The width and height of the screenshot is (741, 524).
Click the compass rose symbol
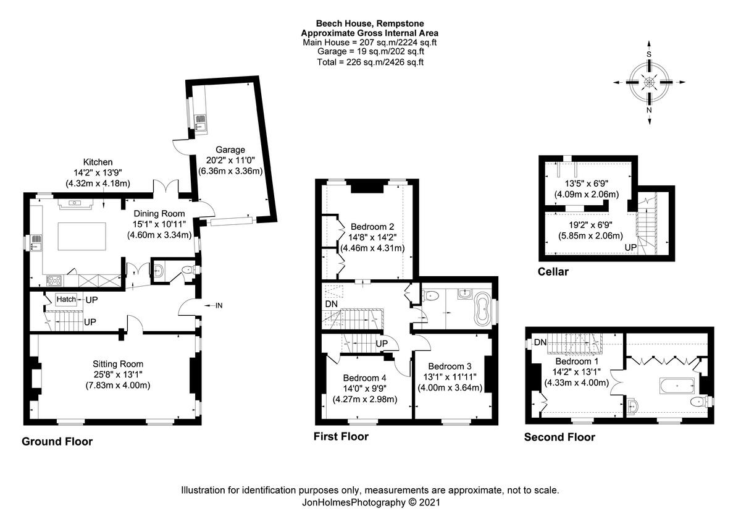pos(649,83)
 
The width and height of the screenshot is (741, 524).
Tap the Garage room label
pos(230,150)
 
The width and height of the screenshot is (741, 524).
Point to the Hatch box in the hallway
pos(66,300)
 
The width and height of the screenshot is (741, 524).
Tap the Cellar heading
pos(553,272)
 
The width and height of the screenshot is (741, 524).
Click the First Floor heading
pos(341,437)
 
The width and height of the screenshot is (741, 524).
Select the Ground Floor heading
pos(57,442)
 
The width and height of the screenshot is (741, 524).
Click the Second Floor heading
pos(559,437)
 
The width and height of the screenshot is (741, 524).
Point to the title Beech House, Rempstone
pos(370,24)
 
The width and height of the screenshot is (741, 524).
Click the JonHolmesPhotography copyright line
pos(370,502)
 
